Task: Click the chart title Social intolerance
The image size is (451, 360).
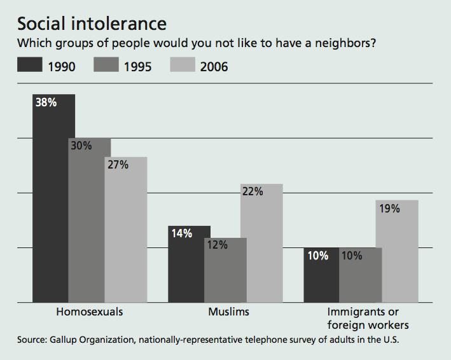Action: [x=92, y=24]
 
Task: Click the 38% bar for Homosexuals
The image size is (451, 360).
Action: [x=53, y=198]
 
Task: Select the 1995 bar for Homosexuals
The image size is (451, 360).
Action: [x=90, y=219]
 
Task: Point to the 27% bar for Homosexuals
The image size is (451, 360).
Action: [x=126, y=229]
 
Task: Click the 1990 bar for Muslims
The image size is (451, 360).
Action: [x=189, y=264]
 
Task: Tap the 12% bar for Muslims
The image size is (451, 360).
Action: [x=225, y=270]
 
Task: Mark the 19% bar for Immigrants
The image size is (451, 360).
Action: [x=397, y=251]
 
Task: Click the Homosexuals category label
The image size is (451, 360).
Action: [x=90, y=312]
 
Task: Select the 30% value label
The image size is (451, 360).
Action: [x=81, y=146]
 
